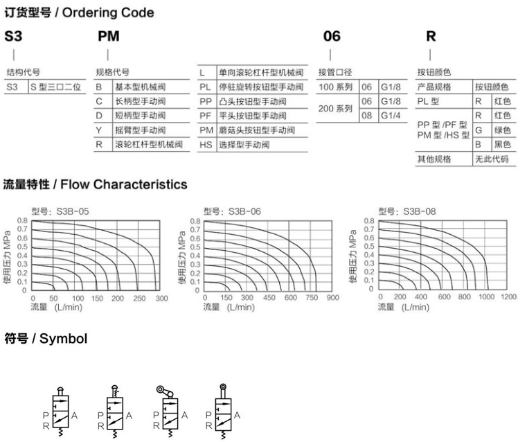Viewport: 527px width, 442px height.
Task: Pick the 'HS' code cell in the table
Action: pos(206,145)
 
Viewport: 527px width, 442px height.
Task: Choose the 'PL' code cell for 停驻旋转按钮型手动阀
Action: pos(206,87)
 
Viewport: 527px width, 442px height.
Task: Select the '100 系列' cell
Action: pos(336,87)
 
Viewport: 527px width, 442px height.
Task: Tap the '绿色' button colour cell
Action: pos(502,130)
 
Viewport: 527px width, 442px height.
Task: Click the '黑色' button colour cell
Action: pos(502,144)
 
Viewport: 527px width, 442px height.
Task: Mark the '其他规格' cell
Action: pos(434,159)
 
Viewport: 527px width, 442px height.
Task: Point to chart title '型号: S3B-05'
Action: pos(60,211)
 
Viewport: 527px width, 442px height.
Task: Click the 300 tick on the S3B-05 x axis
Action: pos(161,298)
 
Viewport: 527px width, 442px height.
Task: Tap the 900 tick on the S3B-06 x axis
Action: pos(333,298)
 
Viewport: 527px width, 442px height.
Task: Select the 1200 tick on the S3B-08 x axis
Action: pos(508,298)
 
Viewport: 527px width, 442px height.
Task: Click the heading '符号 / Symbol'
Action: pos(45,339)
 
